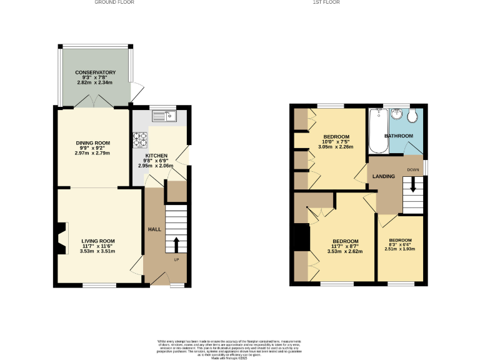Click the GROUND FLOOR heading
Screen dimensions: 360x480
pos(114,2)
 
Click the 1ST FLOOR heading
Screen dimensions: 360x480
pos(326,2)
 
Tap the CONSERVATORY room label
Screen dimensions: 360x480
pos(96,72)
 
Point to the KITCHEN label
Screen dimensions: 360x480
pos(156,156)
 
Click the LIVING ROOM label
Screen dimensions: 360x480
pos(98,241)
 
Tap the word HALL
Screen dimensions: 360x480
pos(154,230)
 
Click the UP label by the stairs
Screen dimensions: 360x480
pos(176,259)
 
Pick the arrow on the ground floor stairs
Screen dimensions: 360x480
pos(176,243)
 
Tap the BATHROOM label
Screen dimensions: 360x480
pos(398,136)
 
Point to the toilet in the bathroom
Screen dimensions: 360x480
pos(412,116)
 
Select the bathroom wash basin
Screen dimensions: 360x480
pos(396,115)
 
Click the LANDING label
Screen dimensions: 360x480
pos(384,177)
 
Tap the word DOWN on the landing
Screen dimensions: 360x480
pos(413,170)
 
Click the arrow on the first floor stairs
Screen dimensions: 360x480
pos(412,185)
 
